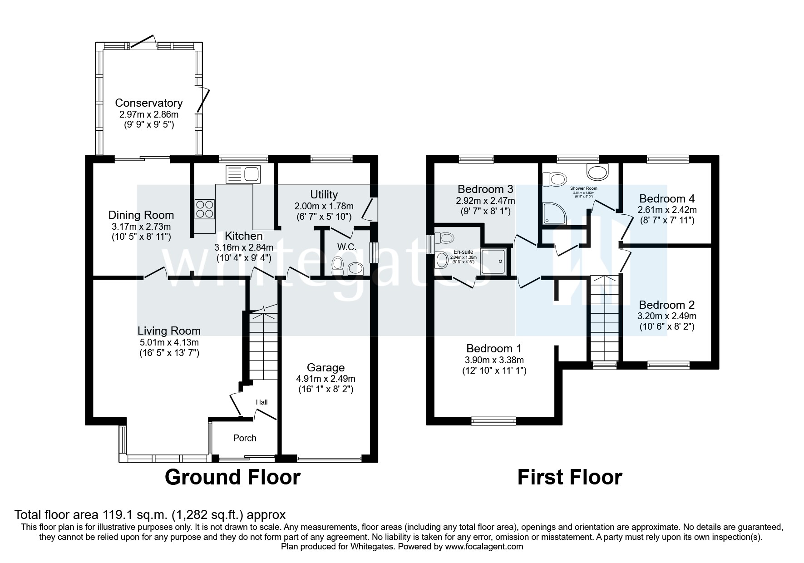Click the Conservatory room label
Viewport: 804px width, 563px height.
(x=148, y=103)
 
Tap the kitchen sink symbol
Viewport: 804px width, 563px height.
(x=242, y=174)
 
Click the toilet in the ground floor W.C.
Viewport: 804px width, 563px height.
(x=337, y=266)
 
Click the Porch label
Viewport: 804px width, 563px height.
(x=245, y=438)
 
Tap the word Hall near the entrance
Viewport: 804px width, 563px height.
(x=262, y=402)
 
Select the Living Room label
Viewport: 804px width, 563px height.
(x=169, y=331)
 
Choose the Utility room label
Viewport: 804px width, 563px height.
(x=324, y=194)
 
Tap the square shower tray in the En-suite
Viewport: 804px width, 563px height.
(x=494, y=262)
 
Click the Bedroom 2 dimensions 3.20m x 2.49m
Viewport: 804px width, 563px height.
(x=667, y=316)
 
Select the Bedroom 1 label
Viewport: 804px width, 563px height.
(x=494, y=348)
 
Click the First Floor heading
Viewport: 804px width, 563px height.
(x=569, y=477)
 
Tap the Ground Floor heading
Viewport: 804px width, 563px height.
(x=232, y=477)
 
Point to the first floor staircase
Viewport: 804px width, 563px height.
(x=604, y=318)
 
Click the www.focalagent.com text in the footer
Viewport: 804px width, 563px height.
(x=484, y=547)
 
